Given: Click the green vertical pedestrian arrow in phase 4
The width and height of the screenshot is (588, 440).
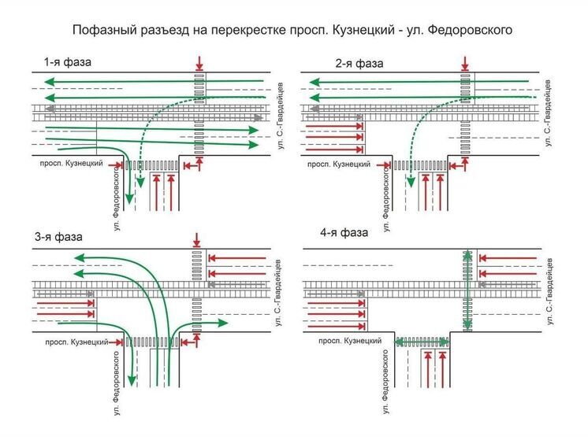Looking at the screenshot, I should pos(467,290).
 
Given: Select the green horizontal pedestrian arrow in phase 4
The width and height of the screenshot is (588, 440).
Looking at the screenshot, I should pos(422,342).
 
